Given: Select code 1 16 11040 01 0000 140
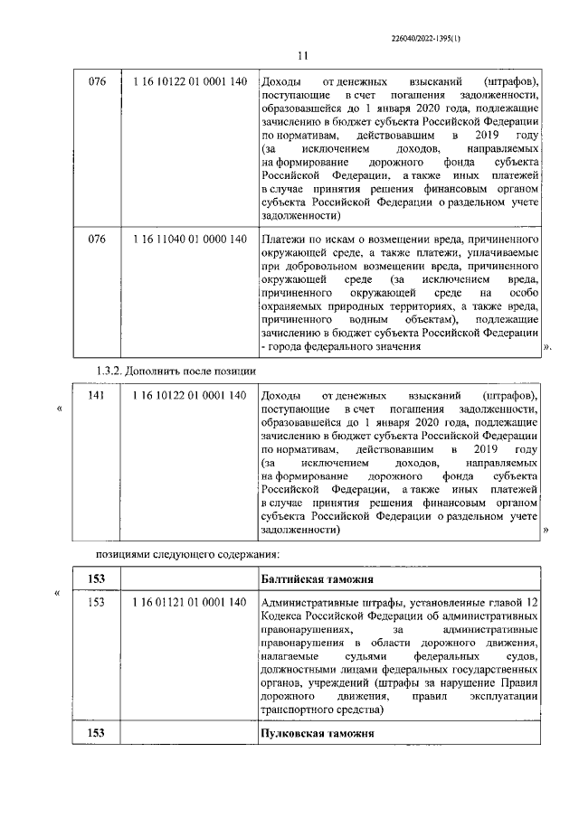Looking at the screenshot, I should coord(189,239).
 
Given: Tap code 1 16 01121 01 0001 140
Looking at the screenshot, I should coord(189,603).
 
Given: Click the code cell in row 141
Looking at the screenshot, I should coord(189,397).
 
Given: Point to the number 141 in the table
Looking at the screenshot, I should coord(97,397).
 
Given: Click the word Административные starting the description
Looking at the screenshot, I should coord(313,603).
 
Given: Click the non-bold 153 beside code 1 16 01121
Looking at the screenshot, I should coord(97,603).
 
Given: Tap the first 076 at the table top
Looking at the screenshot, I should coord(97,82).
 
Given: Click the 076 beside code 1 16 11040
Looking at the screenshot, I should coord(97,239).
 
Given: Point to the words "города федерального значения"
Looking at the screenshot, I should coord(345,347).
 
